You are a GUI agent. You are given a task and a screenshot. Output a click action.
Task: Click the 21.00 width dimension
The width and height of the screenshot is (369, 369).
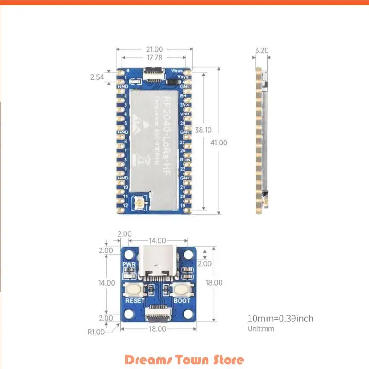pyautogui.click(x=155, y=49)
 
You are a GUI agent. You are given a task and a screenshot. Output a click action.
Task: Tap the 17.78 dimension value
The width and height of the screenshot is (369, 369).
pyautogui.click(x=155, y=58)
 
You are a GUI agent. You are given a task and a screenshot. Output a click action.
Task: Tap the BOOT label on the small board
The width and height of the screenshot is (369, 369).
pyautogui.click(x=181, y=300)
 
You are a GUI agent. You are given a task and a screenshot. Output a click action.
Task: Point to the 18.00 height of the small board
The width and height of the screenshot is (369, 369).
pyautogui.click(x=214, y=282)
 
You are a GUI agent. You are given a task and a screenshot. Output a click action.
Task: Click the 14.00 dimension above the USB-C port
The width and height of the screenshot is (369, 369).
pyautogui.click(x=157, y=241)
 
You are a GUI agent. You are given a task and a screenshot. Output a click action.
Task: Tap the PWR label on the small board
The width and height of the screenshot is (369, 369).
pyautogui.click(x=128, y=265)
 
